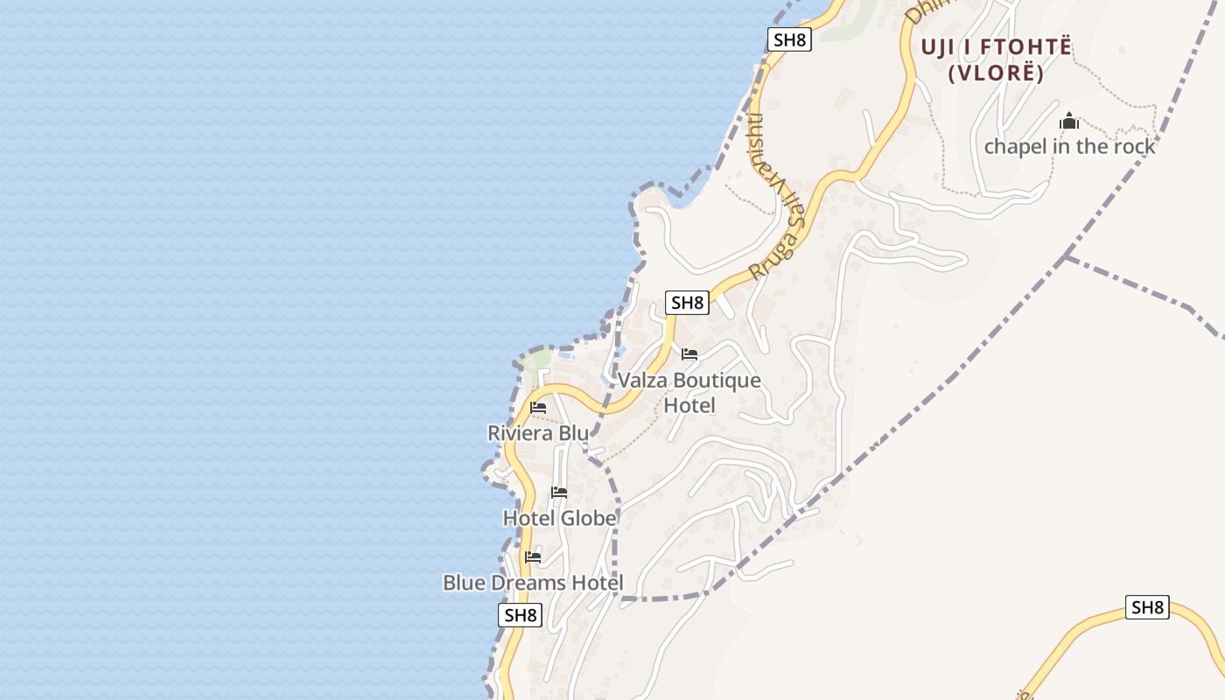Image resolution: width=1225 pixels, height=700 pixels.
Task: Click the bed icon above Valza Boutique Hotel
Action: (689, 354)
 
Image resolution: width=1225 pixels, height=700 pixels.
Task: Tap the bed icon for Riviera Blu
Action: (538, 408)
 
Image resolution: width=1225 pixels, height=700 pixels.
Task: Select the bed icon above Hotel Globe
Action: (559, 493)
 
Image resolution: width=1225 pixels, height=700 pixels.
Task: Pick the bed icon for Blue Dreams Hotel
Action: (533, 557)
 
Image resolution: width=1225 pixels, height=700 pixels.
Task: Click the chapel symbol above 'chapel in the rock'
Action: (1069, 122)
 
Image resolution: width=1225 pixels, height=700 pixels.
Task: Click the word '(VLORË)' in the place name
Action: (996, 73)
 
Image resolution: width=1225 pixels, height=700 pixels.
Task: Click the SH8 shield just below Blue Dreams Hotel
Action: (521, 615)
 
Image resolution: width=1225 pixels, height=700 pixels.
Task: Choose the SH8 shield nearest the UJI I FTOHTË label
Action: (789, 39)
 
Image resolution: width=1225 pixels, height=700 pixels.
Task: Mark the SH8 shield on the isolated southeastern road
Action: (1147, 607)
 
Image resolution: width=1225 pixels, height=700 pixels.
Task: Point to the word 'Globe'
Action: (588, 519)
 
